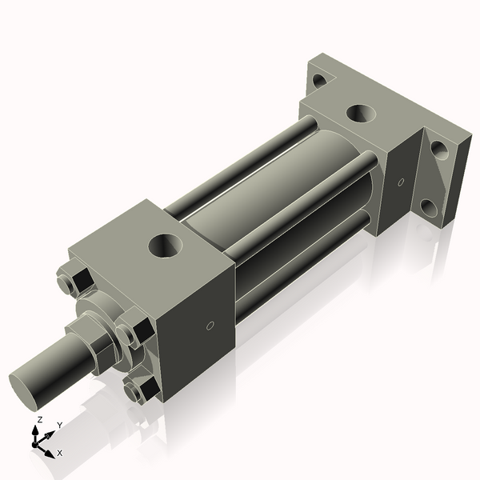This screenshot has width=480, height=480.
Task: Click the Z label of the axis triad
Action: (40, 419)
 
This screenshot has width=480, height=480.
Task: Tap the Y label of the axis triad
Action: (60, 425)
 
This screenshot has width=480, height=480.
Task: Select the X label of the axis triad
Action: (60, 453)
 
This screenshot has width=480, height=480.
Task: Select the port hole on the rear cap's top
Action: (361, 112)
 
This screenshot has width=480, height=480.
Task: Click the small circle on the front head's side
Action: (210, 326)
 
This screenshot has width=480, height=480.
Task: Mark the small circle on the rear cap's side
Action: (401, 182)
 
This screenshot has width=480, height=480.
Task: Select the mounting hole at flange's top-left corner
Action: (319, 79)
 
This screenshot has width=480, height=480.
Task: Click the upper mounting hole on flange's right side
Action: (439, 148)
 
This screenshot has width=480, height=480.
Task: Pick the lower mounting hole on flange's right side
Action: (430, 209)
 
